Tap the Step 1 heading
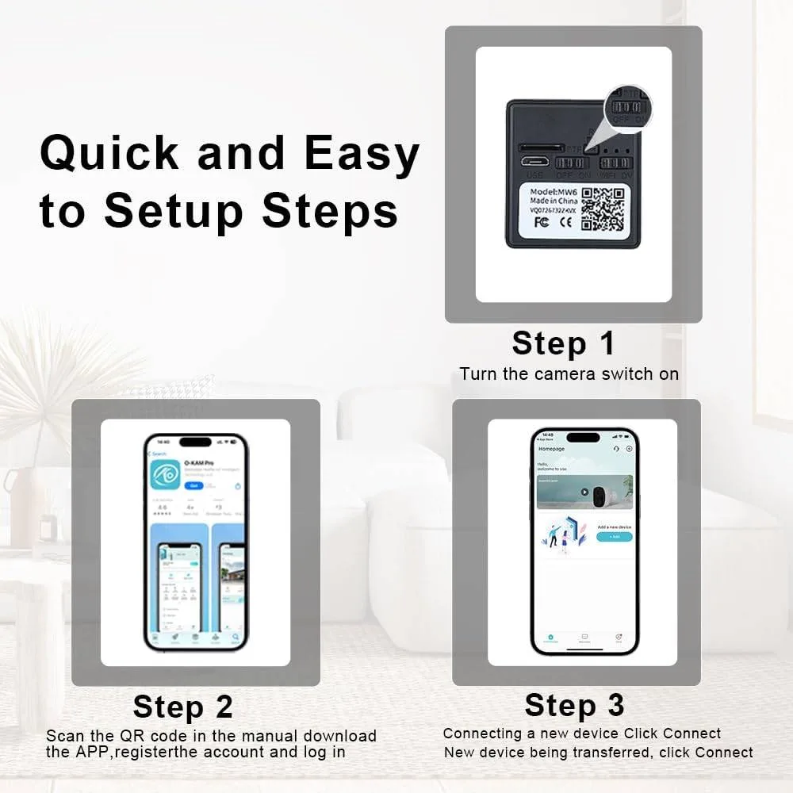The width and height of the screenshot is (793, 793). tap(563, 343)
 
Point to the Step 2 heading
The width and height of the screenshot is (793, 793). tap(183, 706)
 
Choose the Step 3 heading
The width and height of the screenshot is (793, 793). tap(574, 705)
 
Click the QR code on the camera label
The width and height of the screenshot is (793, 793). tap(602, 209)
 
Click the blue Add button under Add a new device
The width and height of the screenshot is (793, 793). tap(615, 537)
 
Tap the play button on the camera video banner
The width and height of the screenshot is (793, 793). tap(584, 492)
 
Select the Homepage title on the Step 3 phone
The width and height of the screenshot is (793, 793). tap(552, 449)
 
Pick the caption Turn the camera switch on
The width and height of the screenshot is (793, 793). tap(569, 374)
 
